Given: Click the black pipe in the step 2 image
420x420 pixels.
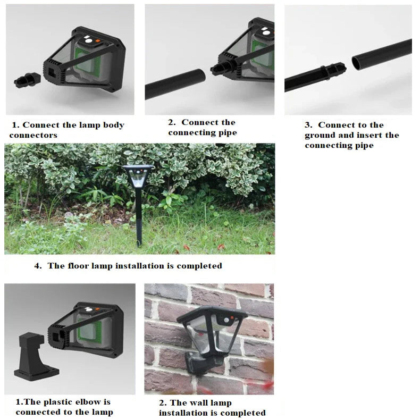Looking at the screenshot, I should coord(175,83).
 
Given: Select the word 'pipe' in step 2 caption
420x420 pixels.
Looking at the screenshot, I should coord(225,133).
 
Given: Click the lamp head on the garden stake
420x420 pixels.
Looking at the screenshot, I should coord(138,175).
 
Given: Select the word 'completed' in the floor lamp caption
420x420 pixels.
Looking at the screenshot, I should coord(199,266).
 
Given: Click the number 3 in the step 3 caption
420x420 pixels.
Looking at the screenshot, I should coord(307,125).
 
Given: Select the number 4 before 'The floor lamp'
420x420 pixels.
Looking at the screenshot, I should coord(37,266).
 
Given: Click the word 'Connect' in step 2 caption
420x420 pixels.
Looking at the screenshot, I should coord(200,123).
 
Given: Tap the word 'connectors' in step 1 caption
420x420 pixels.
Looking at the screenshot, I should coord(33,136).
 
